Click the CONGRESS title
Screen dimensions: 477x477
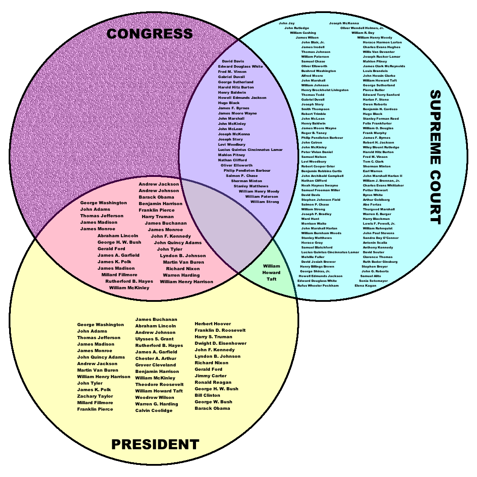coord(150,34)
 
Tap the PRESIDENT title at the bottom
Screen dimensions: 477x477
coord(155,444)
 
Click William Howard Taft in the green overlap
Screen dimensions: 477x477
coord(271,273)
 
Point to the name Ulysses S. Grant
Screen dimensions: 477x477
coord(154,339)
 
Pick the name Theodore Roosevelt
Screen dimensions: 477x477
coord(159,385)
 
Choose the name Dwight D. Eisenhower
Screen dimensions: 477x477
coord(220,343)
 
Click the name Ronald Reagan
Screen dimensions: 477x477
coord(213,382)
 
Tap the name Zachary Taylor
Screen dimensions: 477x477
coord(95,396)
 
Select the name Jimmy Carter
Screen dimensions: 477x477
coord(210,376)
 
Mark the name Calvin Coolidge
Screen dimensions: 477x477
coord(154,411)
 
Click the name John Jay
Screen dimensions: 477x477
coord(287,23)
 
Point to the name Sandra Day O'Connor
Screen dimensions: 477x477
coord(381,238)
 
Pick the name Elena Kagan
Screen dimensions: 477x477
coord(366,286)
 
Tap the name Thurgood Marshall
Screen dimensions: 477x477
coord(379,209)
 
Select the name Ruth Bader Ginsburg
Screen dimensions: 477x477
coord(380,262)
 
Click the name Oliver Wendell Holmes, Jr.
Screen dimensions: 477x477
coord(362,28)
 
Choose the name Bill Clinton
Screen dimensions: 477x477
coord(207,395)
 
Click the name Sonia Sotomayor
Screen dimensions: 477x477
coord(373,281)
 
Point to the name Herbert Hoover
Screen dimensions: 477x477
coord(212,324)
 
